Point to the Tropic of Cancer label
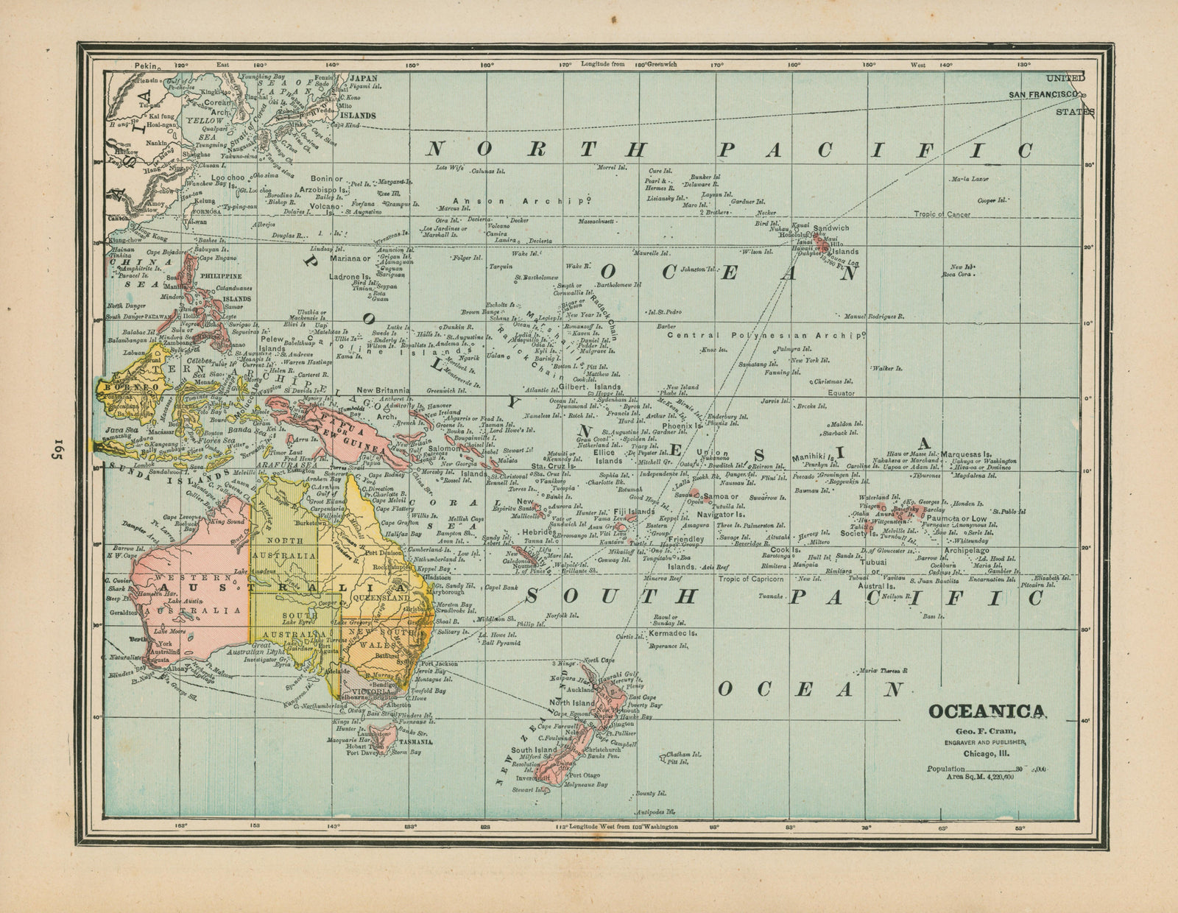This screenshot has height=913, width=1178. [942, 214]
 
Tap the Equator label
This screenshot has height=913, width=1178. [841, 393]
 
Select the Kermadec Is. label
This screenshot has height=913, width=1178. [672, 632]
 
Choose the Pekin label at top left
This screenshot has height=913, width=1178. [147, 66]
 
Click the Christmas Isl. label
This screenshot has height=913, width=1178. [833, 381]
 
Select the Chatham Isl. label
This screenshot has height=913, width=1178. [681, 755]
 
